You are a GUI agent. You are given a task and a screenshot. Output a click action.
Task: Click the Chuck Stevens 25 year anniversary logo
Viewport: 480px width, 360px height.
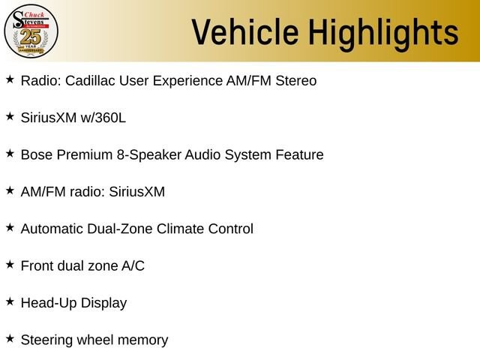(31, 31)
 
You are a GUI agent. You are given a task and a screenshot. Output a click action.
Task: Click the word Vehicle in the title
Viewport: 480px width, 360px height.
(245, 31)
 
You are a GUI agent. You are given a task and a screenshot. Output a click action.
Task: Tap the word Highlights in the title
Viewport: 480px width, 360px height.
(383, 34)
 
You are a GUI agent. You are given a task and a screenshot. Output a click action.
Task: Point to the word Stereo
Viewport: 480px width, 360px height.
(296, 80)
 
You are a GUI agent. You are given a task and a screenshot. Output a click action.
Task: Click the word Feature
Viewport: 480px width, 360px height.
(299, 154)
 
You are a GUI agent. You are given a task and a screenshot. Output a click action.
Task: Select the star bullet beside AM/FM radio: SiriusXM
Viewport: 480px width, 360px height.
(10, 190)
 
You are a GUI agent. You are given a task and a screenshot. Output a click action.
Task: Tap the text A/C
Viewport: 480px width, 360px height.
(133, 265)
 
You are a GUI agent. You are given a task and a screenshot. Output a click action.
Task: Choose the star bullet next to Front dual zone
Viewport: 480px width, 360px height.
(10, 265)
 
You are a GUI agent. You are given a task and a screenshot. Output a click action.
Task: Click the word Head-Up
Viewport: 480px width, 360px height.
(49, 303)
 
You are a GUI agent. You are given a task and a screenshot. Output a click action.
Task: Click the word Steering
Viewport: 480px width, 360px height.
(46, 340)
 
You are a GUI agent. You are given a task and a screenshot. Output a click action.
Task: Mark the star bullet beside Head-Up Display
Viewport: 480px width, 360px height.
(10, 301)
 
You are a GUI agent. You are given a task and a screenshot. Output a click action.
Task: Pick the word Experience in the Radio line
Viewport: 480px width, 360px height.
(187, 81)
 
